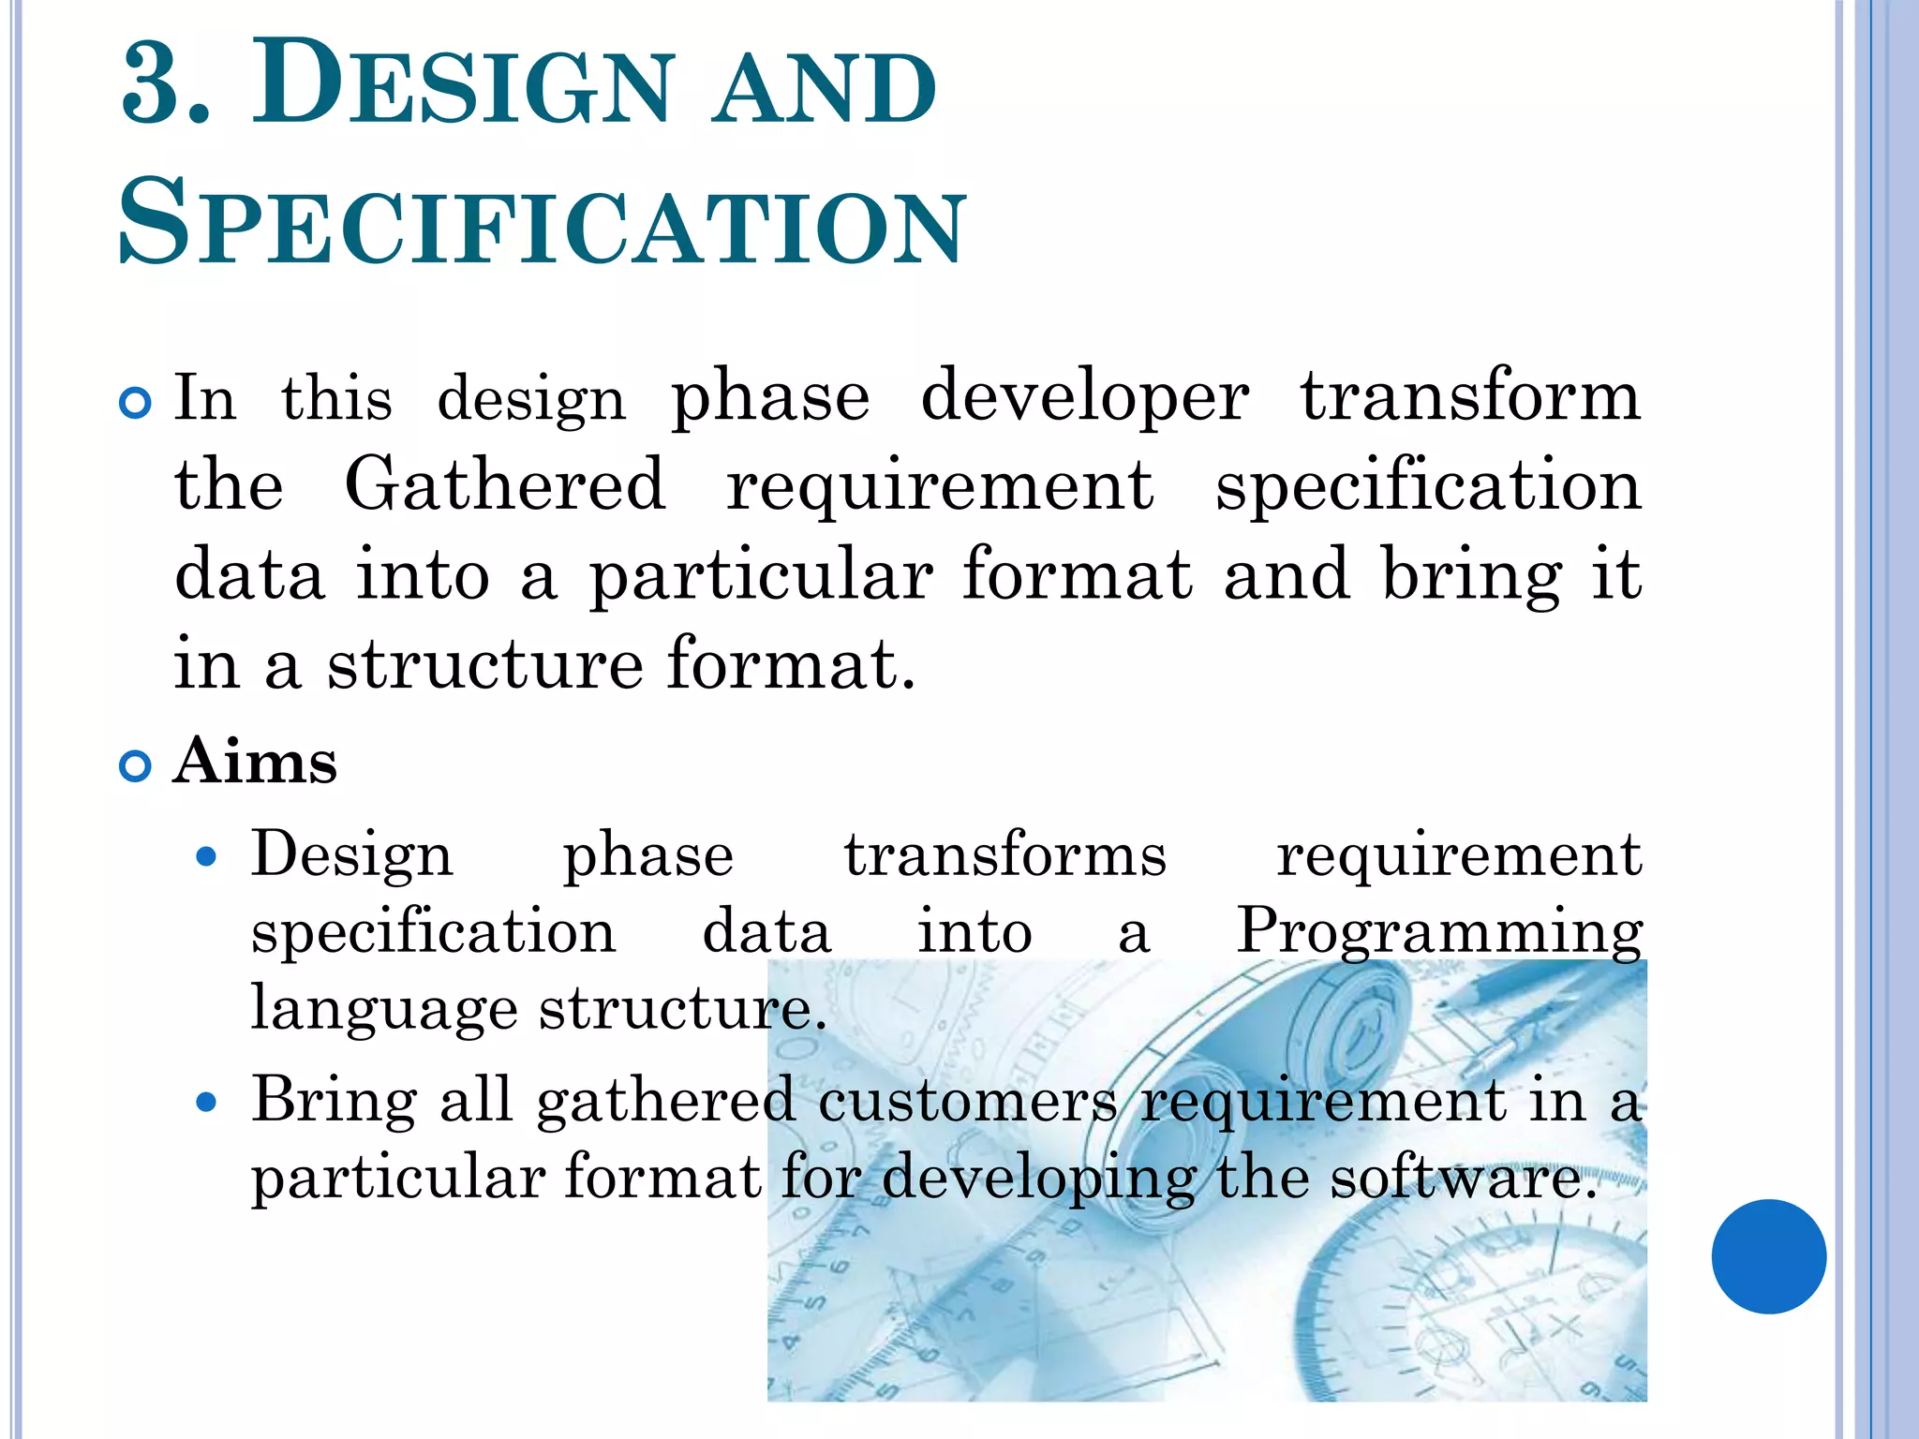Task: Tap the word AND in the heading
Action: pyautogui.click(x=824, y=90)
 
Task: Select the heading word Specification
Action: pyautogui.click(x=541, y=226)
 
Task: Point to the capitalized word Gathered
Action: pyautogui.click(x=505, y=484)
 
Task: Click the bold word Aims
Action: pyautogui.click(x=256, y=761)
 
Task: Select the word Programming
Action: pyautogui.click(x=1439, y=932)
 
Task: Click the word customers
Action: pyautogui.click(x=967, y=1100)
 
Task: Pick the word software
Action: pyautogui.click(x=1463, y=1178)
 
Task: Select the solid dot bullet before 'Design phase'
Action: pyautogui.click(x=207, y=856)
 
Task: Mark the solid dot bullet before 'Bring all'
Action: pyautogui.click(x=207, y=1103)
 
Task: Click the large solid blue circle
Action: pyautogui.click(x=1768, y=1256)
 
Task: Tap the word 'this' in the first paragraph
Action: pyautogui.click(x=336, y=399)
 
